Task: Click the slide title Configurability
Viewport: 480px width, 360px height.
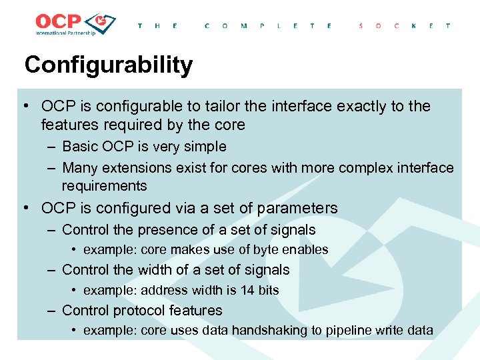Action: (x=108, y=65)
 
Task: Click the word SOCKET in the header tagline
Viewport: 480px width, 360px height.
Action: (x=405, y=26)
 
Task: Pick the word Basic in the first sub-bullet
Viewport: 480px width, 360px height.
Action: (x=79, y=147)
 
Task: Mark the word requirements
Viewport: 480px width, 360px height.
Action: (x=104, y=186)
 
